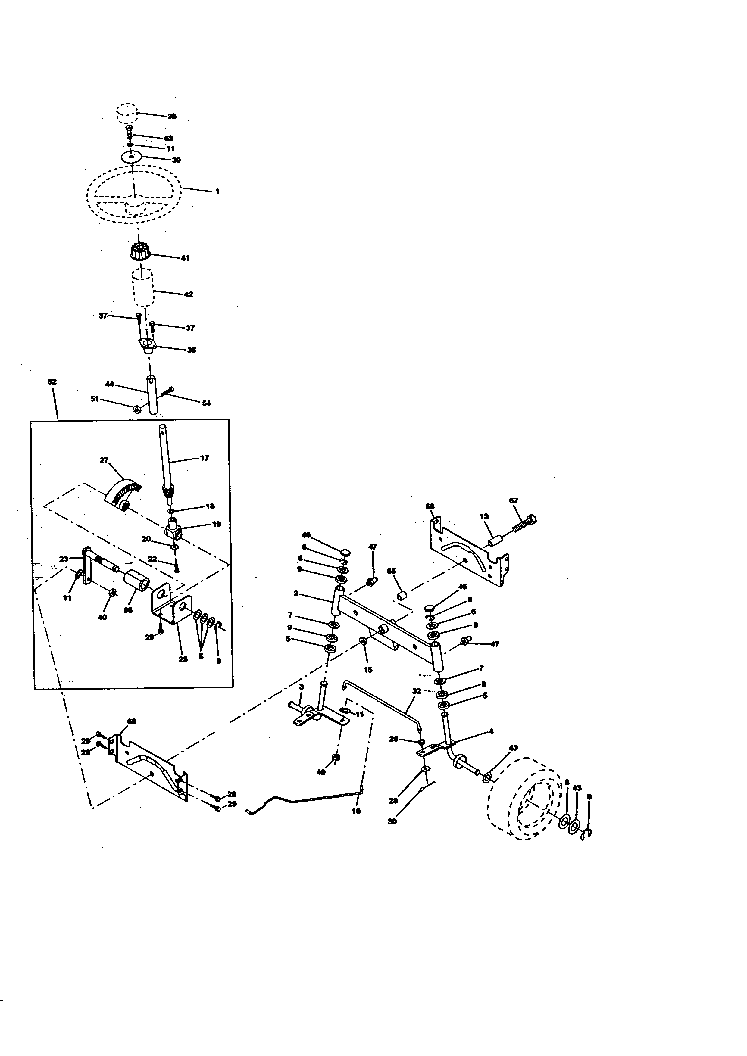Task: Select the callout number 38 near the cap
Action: [x=172, y=117]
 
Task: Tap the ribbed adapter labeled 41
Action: [x=140, y=252]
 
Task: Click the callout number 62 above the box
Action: [x=52, y=382]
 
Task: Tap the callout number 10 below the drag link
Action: [x=356, y=811]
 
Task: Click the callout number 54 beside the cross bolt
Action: [x=207, y=403]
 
